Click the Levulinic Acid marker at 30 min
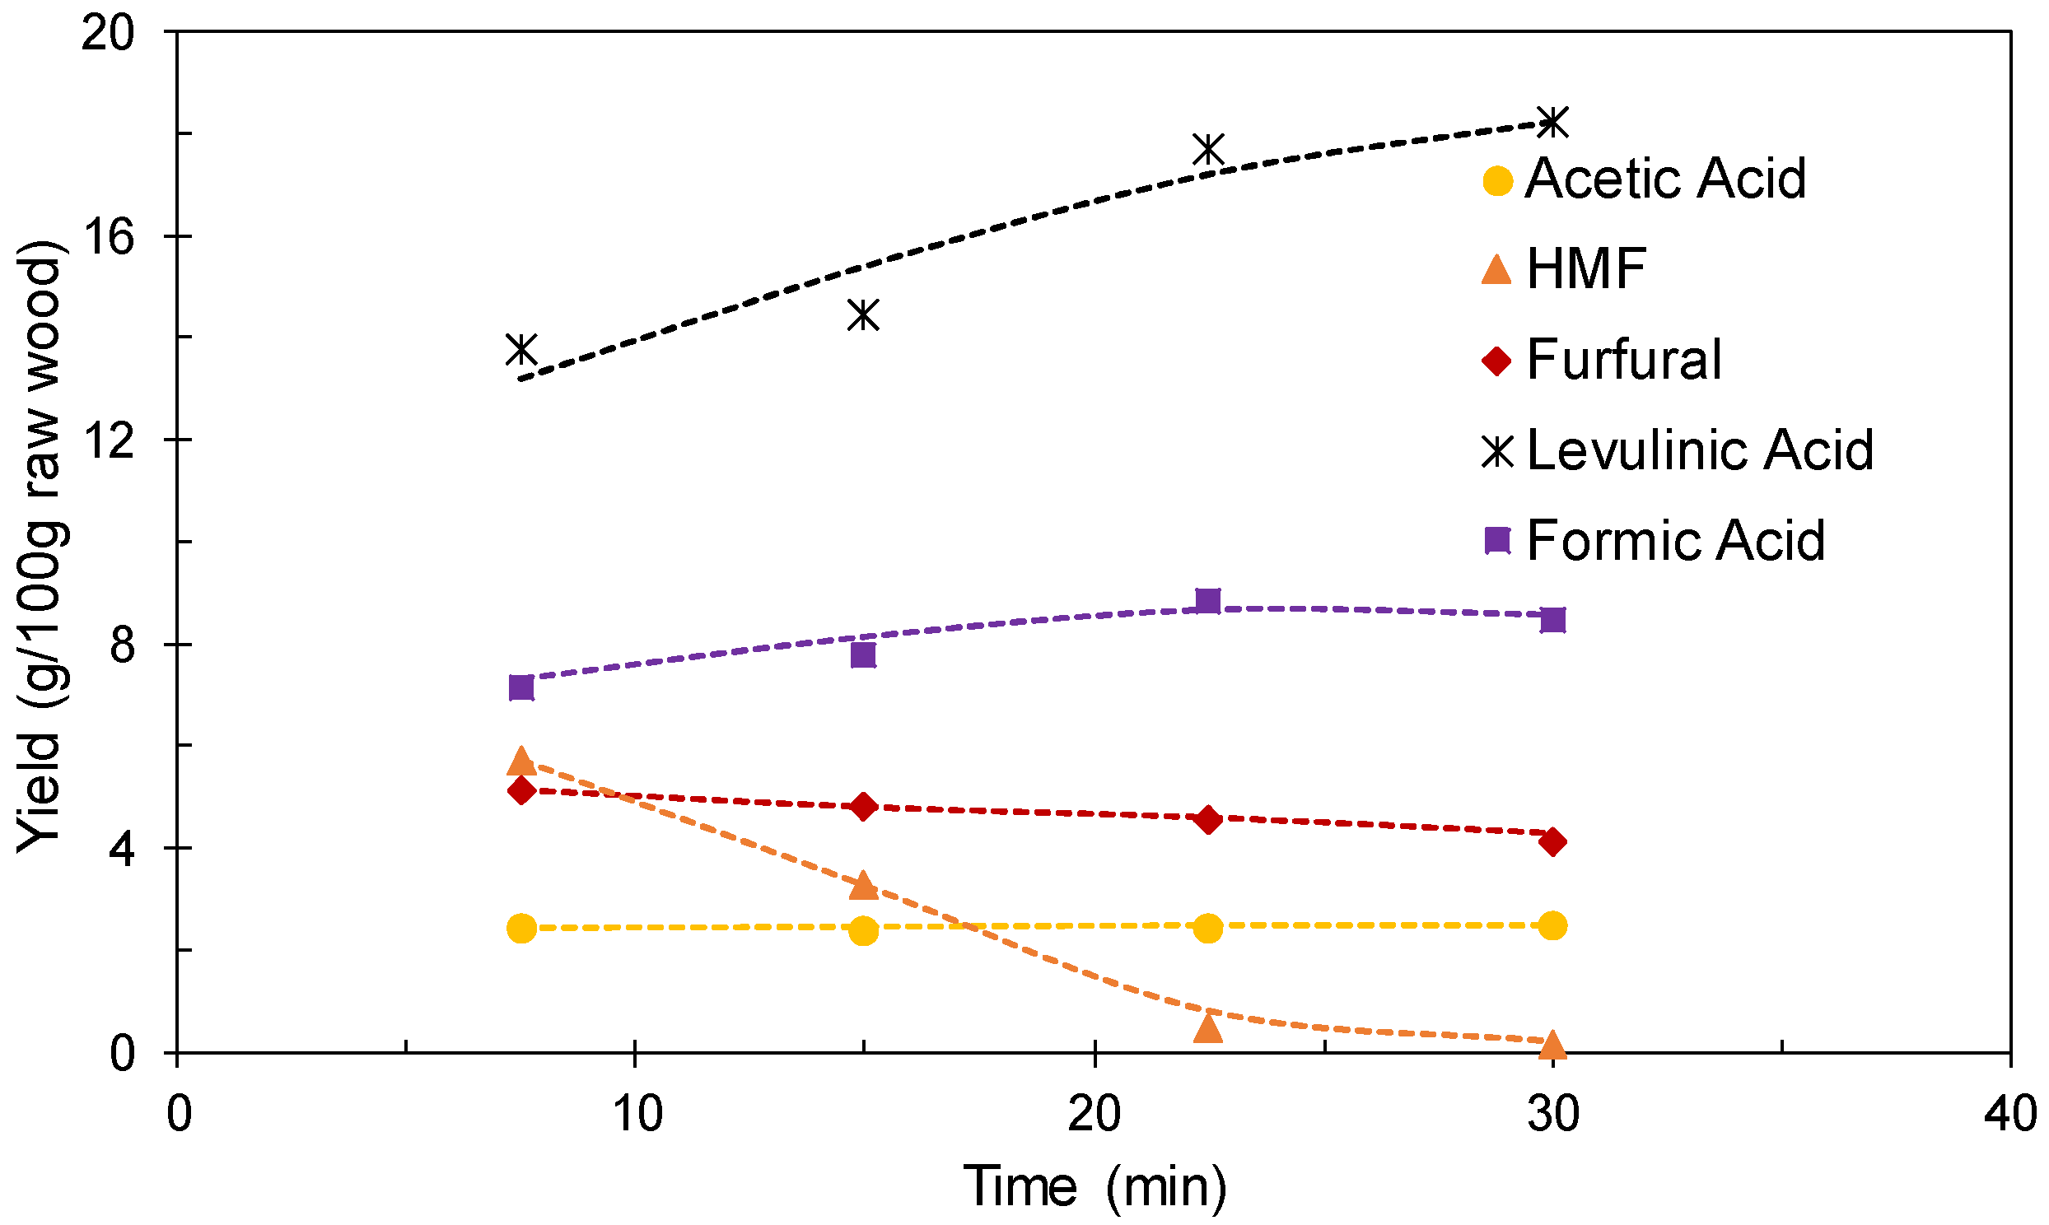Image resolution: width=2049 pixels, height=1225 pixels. [1552, 122]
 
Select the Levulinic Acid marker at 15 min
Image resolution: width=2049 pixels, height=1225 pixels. [863, 314]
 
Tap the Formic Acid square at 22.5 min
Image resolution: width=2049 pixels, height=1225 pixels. [1207, 601]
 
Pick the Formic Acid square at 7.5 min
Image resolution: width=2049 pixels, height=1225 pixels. [521, 687]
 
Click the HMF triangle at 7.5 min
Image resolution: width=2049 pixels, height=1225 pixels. [521, 760]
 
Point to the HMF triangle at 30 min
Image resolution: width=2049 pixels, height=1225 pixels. [1552, 1044]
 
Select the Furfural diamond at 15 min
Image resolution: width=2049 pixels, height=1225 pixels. [863, 807]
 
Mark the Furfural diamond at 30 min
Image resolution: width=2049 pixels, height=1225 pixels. [1552, 842]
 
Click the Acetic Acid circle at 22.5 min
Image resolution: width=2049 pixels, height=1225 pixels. [1207, 928]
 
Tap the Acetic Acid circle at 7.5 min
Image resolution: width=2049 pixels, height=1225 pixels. [521, 929]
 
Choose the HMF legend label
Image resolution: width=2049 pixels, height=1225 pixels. [1585, 269]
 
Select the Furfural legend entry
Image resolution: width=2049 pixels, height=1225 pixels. [1623, 360]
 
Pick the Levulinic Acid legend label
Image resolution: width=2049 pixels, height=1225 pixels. [1699, 450]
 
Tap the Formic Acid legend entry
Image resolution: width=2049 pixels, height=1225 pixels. [1674, 541]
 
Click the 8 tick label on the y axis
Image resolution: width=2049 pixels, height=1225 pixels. [121, 645]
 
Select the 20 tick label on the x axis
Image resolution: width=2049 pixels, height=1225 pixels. [1094, 1114]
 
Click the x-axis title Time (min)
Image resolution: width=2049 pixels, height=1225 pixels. [1094, 1187]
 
